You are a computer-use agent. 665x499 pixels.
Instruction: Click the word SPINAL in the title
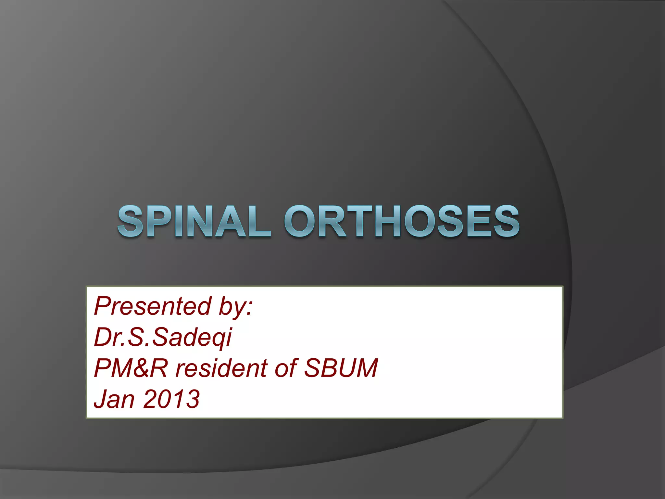(x=194, y=222)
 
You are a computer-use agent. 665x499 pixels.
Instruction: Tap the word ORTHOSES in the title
(x=403, y=222)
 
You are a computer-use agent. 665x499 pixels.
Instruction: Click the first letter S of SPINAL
(x=130, y=222)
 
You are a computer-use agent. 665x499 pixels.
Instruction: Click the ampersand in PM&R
(x=142, y=368)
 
